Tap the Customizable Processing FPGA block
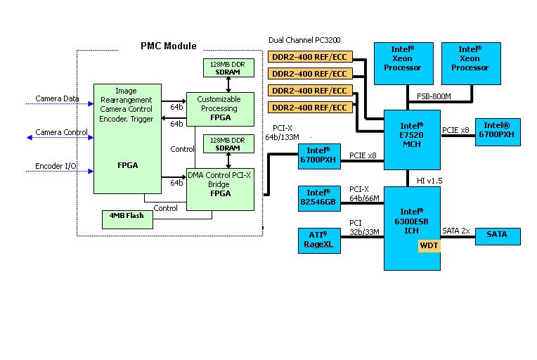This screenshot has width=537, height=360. (219, 108)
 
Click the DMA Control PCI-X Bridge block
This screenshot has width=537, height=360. (219, 189)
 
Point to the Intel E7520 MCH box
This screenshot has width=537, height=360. (411, 139)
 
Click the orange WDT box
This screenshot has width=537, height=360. (429, 245)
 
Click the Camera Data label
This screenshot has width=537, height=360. (58, 98)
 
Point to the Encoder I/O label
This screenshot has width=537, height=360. (57, 167)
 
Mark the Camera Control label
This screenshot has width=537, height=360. (62, 132)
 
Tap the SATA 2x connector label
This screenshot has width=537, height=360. (456, 230)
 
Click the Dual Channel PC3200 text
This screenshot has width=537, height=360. (304, 41)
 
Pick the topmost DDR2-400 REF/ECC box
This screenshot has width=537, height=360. (309, 56)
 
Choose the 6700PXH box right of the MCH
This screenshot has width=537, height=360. (498, 131)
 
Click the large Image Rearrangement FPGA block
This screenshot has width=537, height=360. (128, 139)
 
